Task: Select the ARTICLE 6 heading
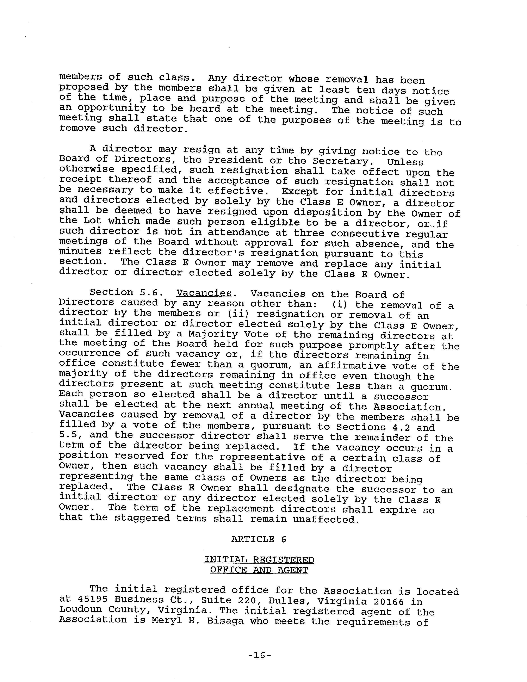[259, 539]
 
